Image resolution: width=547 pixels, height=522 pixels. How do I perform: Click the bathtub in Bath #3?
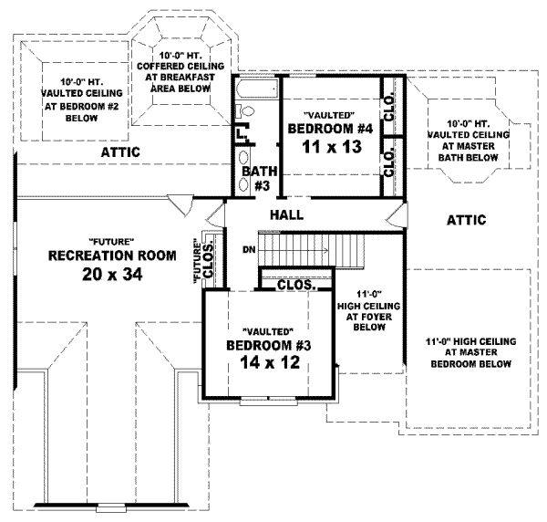[x=256, y=91]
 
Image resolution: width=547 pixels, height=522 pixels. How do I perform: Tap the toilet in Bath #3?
[x=244, y=111]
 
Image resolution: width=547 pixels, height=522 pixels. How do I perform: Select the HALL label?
[x=285, y=215]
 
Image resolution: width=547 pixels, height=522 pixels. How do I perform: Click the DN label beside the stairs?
[x=248, y=249]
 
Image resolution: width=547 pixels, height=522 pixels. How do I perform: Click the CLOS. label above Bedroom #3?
[x=295, y=285]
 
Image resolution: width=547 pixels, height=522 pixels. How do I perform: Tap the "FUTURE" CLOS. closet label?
[x=205, y=259]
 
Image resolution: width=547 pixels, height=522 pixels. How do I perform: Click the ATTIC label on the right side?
[x=466, y=220]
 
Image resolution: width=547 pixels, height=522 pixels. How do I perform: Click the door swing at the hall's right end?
[x=394, y=218]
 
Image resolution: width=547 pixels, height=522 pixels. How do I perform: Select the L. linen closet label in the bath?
[x=241, y=134]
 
